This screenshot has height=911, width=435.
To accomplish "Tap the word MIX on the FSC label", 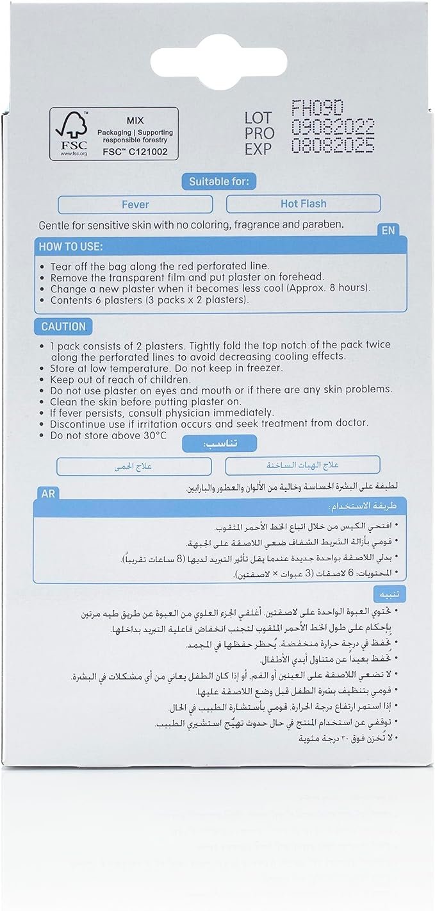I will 135,119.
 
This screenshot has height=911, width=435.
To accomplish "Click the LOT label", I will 258,118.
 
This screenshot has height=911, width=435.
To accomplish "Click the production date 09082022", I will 332,127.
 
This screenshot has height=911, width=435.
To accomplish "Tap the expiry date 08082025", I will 332,147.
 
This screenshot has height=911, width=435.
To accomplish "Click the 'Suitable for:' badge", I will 218,182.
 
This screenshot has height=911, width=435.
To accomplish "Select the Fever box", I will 135,205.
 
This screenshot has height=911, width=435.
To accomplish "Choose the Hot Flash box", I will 303,204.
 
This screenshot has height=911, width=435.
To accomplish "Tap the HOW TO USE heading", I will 71,247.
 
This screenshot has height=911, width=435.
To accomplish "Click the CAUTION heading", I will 63,326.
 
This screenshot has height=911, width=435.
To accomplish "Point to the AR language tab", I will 48,494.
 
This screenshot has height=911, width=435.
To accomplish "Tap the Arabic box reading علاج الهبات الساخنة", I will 303,465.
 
